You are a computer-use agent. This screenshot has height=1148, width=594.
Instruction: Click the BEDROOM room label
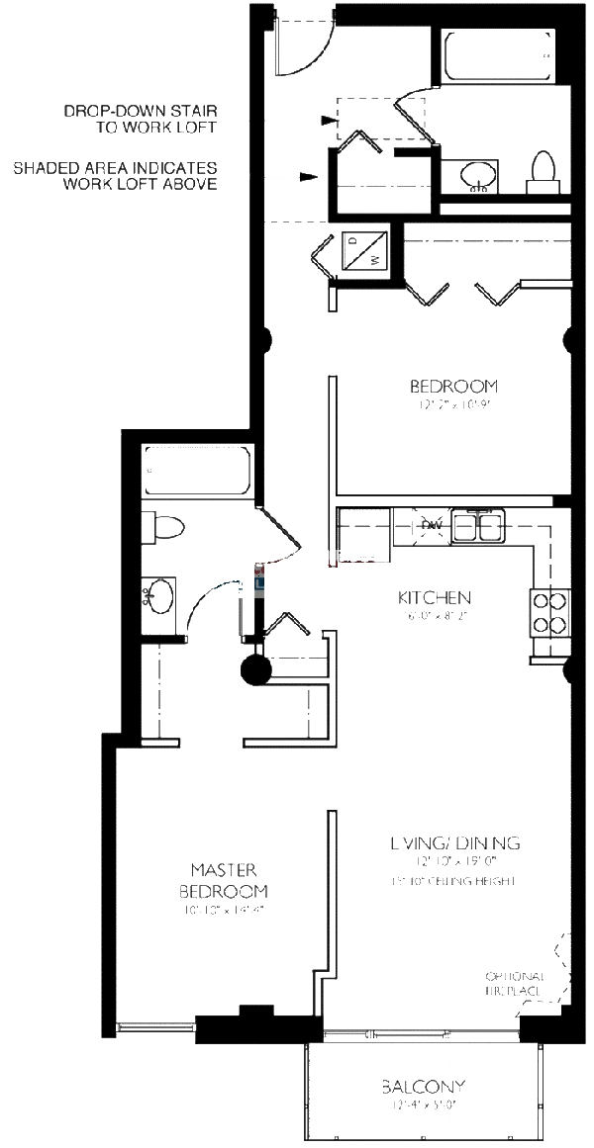point(453,386)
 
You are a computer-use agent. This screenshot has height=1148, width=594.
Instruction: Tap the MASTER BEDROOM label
point(224,880)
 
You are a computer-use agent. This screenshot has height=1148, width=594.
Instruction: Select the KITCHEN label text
point(434,597)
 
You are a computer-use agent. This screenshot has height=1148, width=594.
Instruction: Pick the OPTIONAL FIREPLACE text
point(515,982)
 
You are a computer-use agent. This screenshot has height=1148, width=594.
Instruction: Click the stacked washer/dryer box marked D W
point(363,249)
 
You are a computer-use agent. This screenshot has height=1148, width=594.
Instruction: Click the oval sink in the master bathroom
point(158,596)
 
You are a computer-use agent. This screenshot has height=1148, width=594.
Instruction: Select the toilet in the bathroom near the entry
point(544,170)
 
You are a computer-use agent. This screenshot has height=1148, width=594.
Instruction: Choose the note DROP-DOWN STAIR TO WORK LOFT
point(140,120)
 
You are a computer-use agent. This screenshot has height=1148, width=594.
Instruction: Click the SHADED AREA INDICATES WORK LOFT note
point(115,176)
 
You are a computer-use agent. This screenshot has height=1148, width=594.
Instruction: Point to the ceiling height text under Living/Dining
point(452,880)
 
